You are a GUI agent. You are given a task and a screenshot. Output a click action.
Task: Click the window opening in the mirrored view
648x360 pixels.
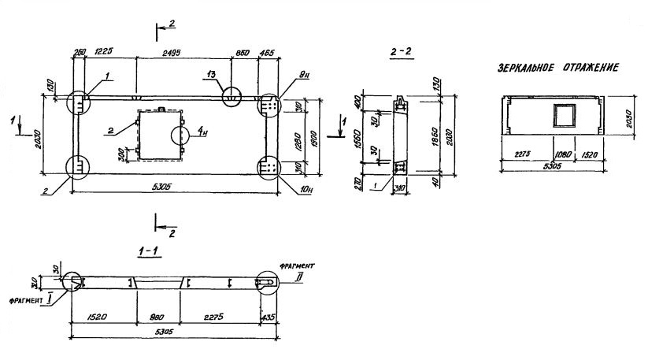click(565, 117)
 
